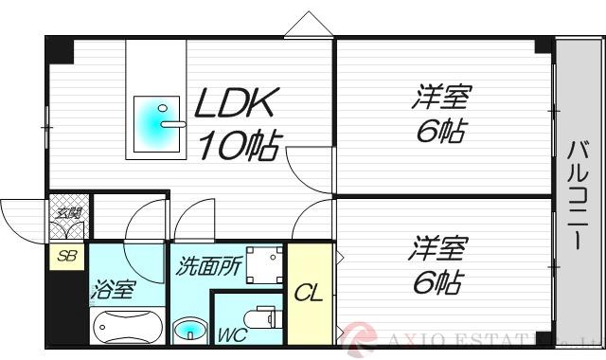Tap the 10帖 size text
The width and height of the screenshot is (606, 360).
pyautogui.click(x=238, y=145)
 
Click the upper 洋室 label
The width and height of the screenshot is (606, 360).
pyautogui.click(x=441, y=97)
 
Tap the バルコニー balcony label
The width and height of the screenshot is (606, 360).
pyautogui.click(x=577, y=194)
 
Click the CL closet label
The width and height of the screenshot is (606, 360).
pyautogui.click(x=308, y=293)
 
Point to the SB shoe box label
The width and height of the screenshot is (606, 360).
pyautogui.click(x=66, y=256)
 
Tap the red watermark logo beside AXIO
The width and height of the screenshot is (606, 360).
pyautogui.click(x=359, y=336)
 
